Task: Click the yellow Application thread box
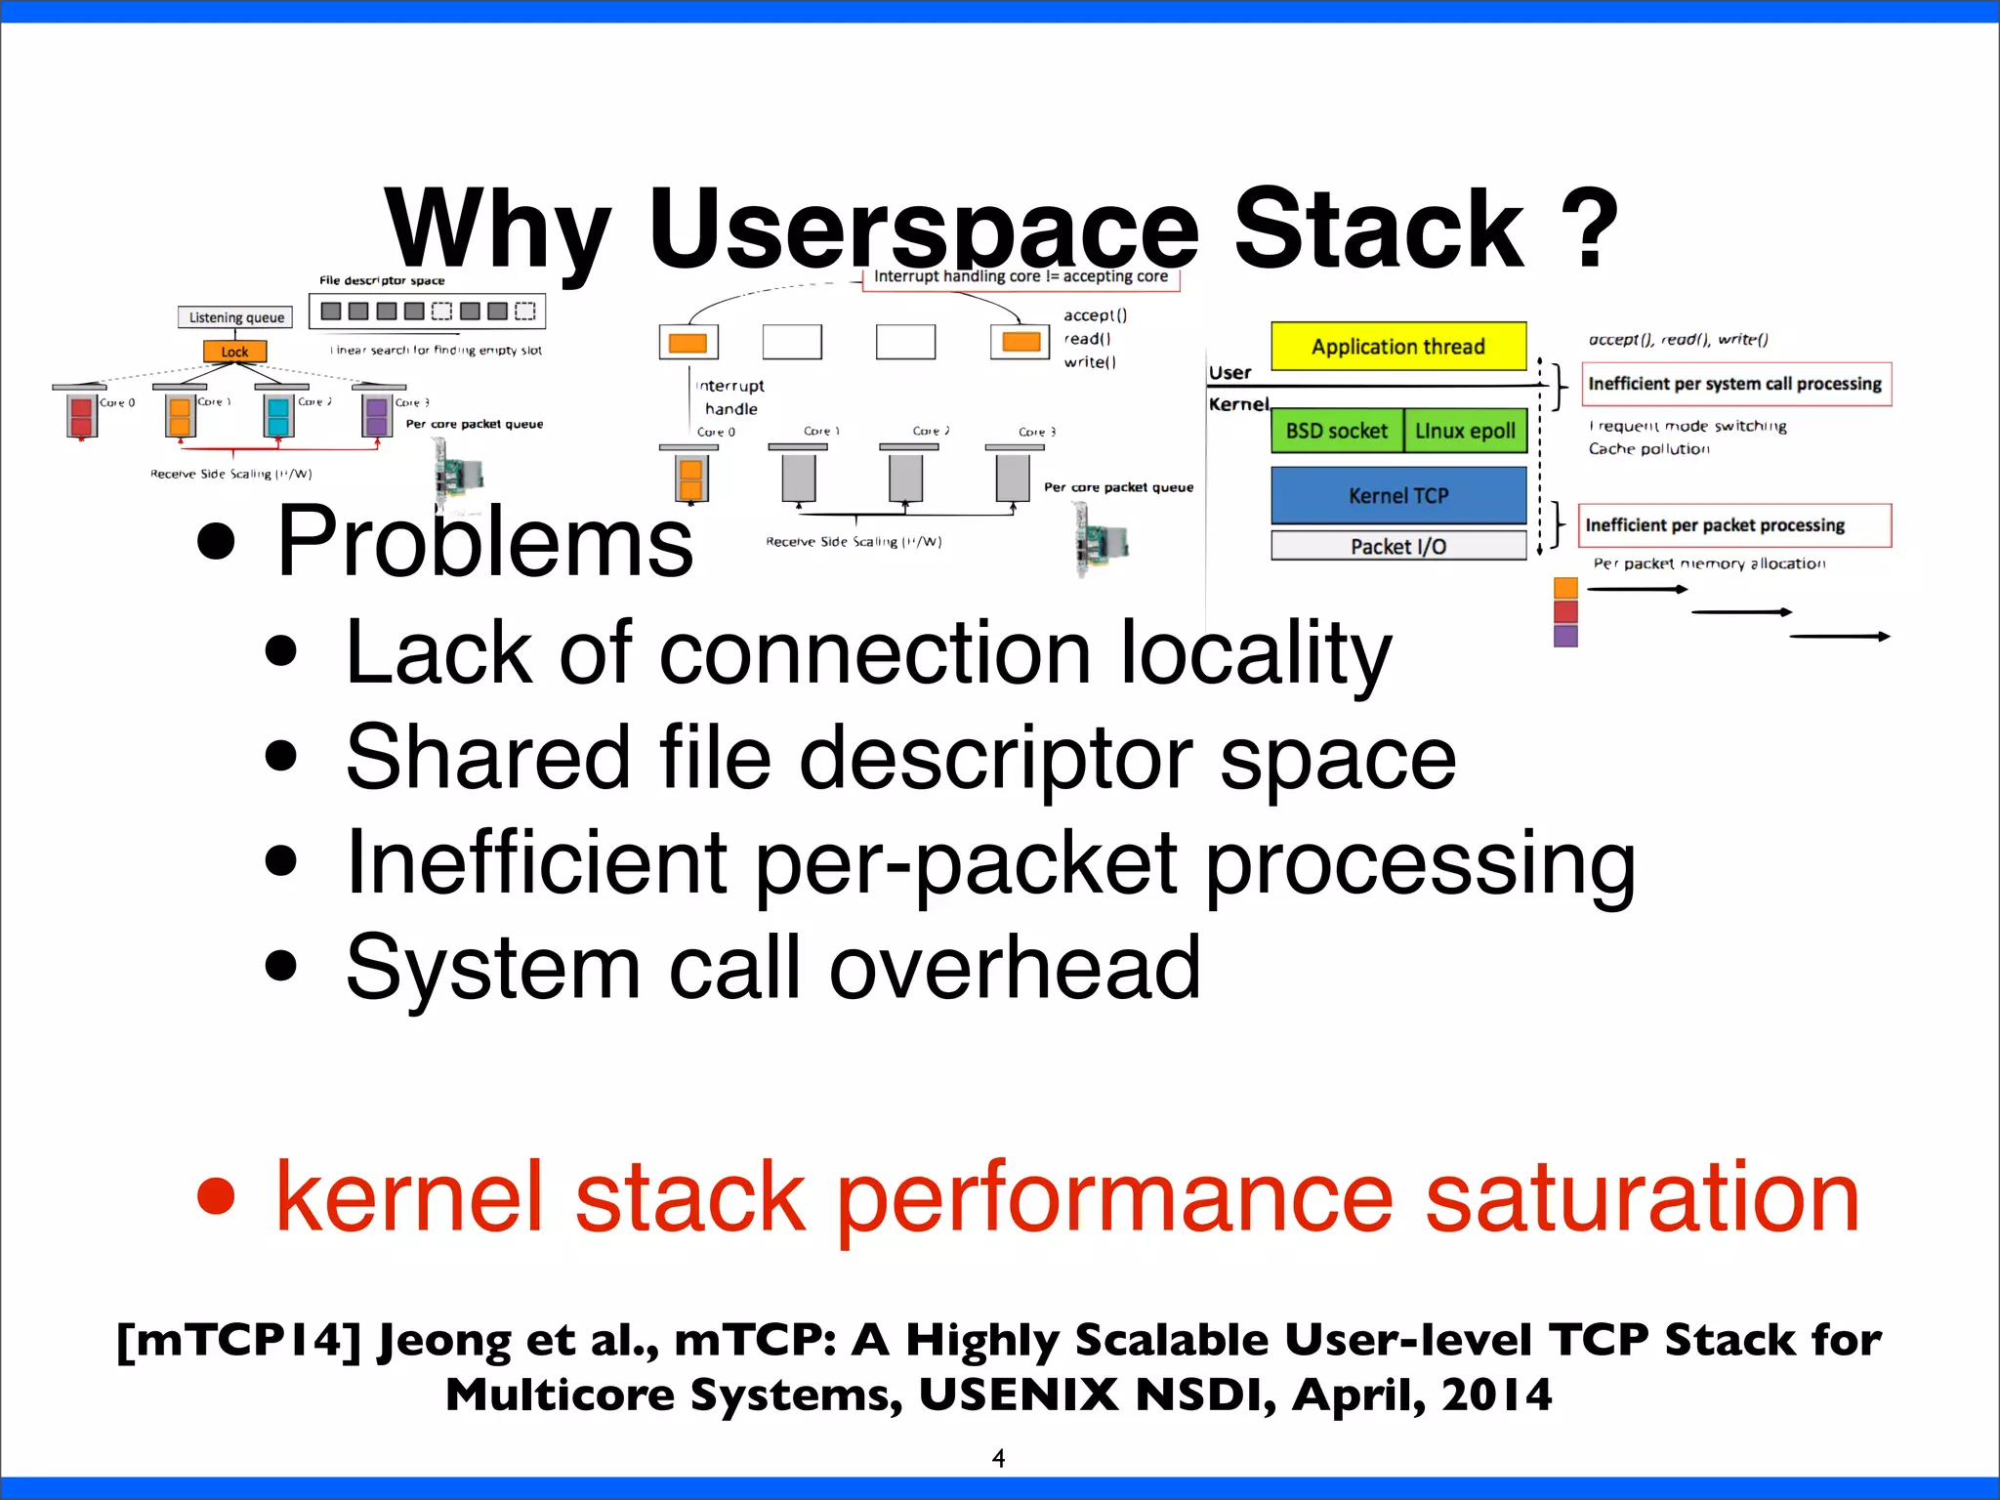tap(1397, 347)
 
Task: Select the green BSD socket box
tap(1336, 431)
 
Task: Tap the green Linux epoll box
tap(1465, 431)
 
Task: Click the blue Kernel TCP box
tap(1397, 495)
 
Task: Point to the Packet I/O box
tap(1397, 546)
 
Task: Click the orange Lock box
tap(234, 352)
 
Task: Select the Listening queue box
tap(236, 317)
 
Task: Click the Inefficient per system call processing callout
tap(1734, 384)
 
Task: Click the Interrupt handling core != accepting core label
tap(1021, 277)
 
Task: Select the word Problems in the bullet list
tap(484, 541)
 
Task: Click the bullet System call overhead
tap(772, 967)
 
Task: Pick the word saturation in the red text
tap(1641, 1197)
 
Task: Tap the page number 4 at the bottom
tap(998, 1458)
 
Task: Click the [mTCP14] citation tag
tap(238, 1340)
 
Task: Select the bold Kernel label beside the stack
tap(1238, 404)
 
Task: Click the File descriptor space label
tap(382, 280)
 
